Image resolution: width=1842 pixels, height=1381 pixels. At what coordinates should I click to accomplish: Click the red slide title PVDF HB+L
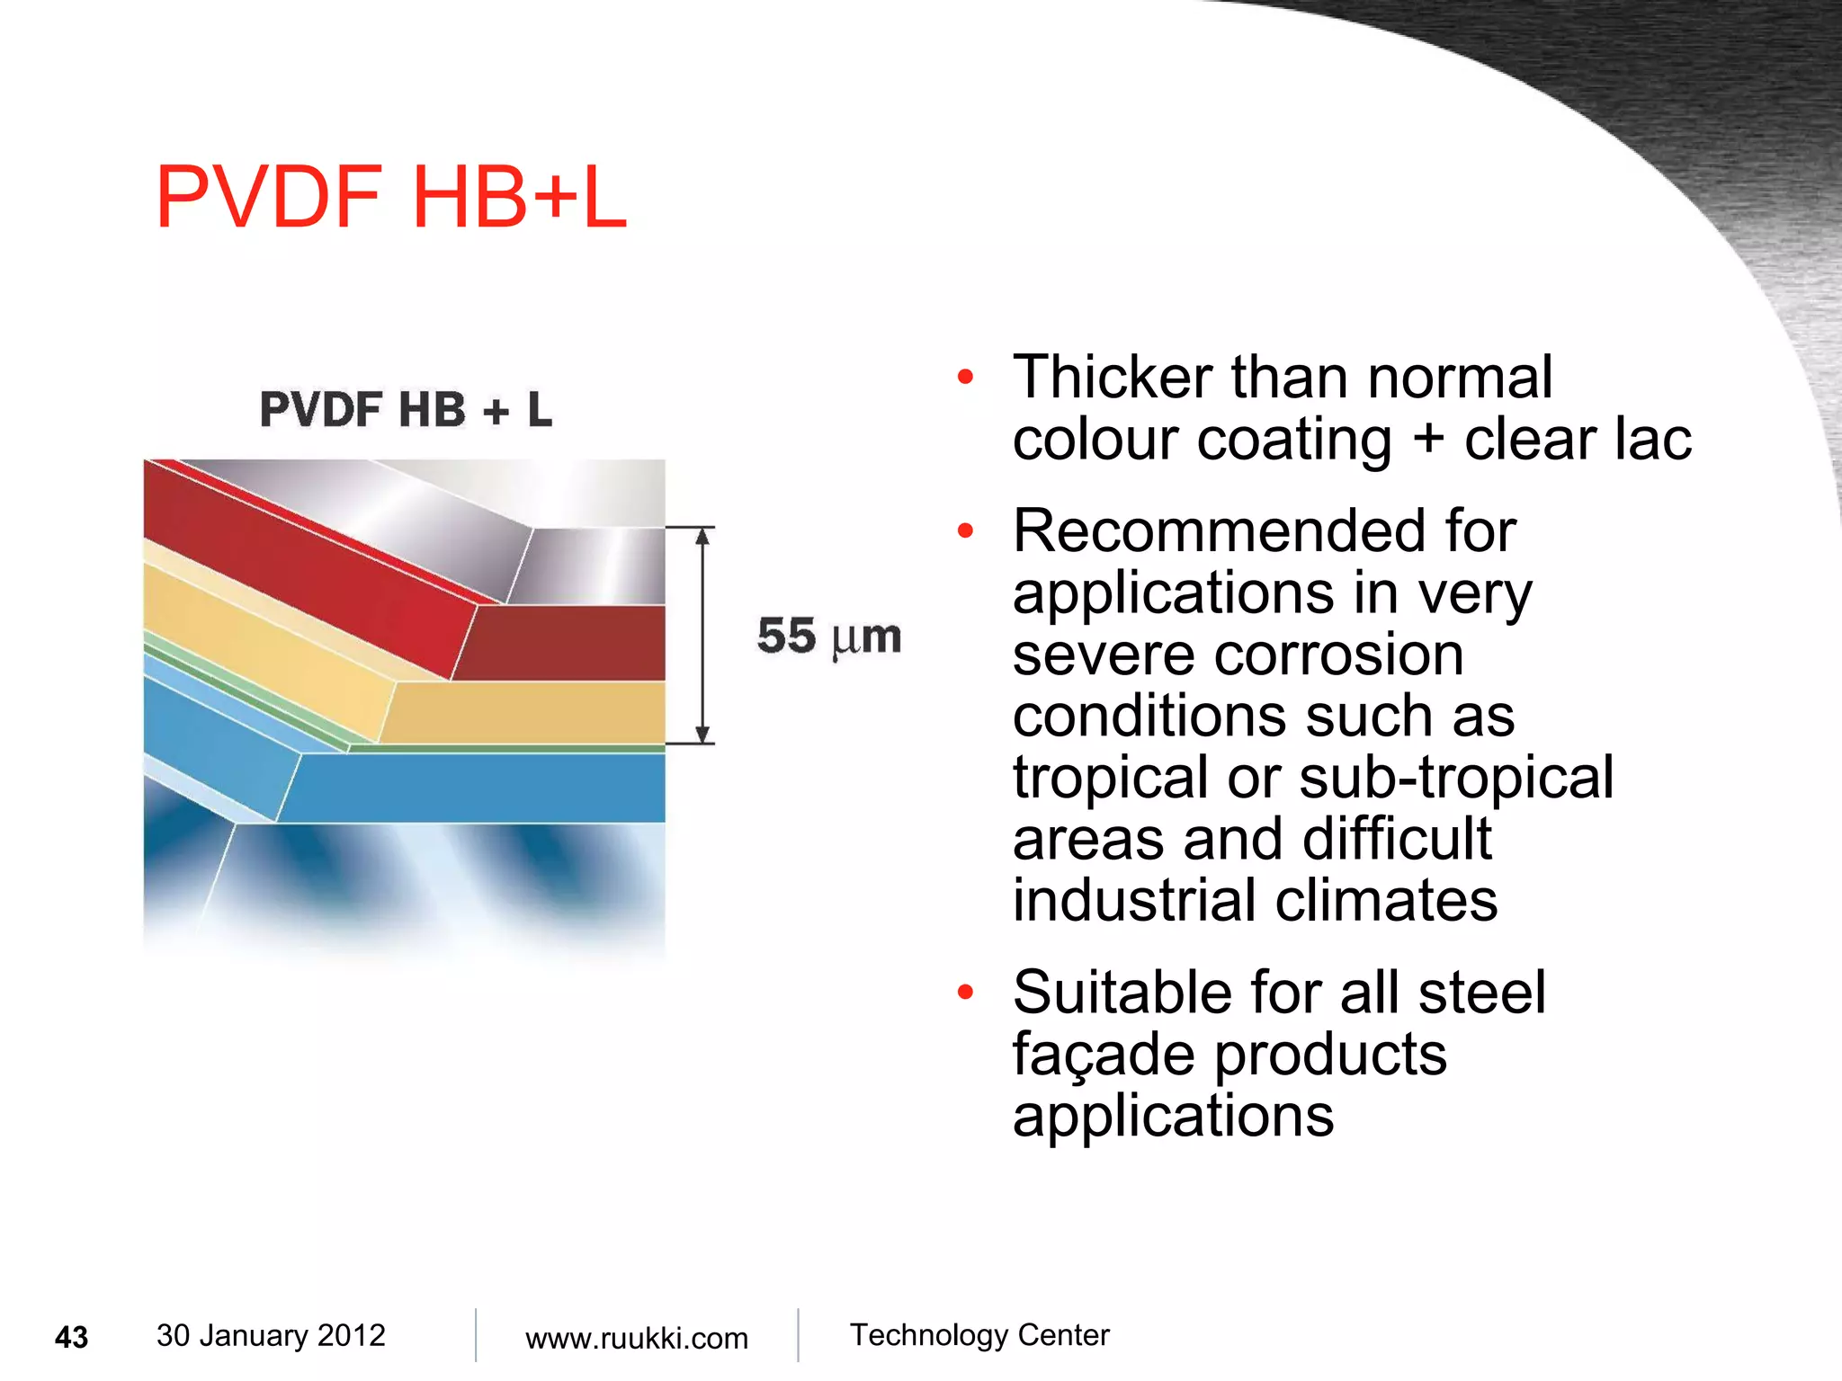pyautogui.click(x=390, y=198)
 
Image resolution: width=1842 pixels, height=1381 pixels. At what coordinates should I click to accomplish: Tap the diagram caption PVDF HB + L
pyautogui.click(x=406, y=409)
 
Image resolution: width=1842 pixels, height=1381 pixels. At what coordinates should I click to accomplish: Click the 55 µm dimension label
pyautogui.click(x=828, y=637)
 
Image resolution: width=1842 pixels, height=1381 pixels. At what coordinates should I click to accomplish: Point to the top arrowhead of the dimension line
pyautogui.click(x=704, y=537)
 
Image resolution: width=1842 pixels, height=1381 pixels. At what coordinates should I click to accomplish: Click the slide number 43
pyautogui.click(x=72, y=1337)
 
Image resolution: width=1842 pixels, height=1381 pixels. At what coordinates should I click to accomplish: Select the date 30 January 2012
pyautogui.click(x=271, y=1335)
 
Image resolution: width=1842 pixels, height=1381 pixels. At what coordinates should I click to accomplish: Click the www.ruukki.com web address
pyautogui.click(x=636, y=1338)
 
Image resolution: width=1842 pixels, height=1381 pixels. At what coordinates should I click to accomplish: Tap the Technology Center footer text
pyautogui.click(x=979, y=1335)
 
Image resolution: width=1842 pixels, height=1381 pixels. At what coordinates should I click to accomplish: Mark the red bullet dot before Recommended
pyautogui.click(x=966, y=530)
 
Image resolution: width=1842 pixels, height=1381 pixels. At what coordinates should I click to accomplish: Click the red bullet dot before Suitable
pyautogui.click(x=966, y=993)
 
